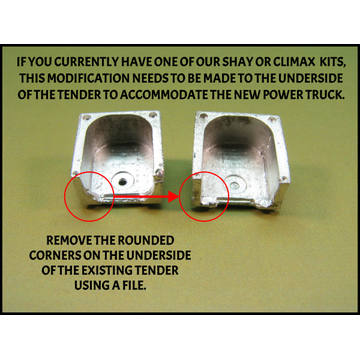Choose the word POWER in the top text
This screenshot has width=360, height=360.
pyautogui.click(x=282, y=94)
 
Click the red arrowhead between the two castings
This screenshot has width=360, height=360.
pyautogui.click(x=173, y=196)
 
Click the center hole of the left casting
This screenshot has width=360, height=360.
pyautogui.click(x=123, y=181)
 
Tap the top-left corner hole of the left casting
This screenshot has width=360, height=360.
pyautogui.click(x=87, y=118)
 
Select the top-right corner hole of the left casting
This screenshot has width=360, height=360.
pyautogui.click(x=153, y=115)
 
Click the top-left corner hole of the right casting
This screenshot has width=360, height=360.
pyautogui.click(x=203, y=116)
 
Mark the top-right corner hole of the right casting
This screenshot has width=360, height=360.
pyautogui.click(x=272, y=119)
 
